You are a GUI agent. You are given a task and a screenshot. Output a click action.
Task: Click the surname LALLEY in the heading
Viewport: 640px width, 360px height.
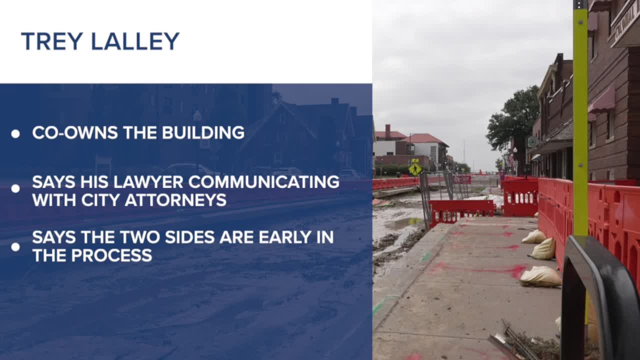(135, 41)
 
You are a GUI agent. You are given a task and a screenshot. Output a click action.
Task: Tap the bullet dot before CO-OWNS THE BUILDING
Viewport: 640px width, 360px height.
(15, 133)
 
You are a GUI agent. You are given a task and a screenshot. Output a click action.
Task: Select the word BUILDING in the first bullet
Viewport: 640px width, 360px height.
(203, 132)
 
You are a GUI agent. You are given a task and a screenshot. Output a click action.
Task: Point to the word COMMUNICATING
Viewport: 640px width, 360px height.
(264, 181)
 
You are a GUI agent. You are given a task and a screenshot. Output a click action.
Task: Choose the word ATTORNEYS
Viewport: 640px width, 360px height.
(175, 199)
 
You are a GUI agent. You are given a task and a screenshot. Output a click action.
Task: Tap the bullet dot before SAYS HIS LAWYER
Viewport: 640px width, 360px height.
(15, 188)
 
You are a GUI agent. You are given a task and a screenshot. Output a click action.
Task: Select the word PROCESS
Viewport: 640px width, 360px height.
(111, 255)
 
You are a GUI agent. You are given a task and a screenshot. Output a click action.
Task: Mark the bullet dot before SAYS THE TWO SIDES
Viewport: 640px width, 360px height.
(15, 247)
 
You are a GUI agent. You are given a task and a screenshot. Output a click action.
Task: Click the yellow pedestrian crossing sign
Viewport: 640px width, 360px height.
(415, 169)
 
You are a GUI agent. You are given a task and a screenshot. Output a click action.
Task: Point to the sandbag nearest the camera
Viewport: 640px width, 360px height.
(540, 276)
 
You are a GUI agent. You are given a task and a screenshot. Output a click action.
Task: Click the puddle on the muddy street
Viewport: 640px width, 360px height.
(404, 223)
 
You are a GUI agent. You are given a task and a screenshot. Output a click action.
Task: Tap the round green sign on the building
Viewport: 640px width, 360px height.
(532, 142)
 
